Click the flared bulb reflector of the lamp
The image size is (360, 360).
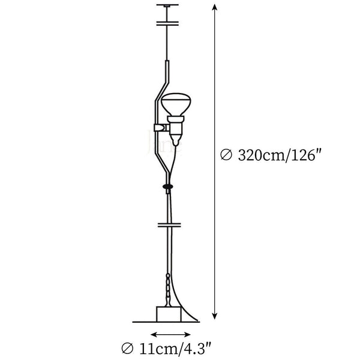pyautogui.click(x=176, y=104)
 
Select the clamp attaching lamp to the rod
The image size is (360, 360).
pyautogui.click(x=161, y=128)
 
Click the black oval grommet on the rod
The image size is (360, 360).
pyautogui.click(x=168, y=187)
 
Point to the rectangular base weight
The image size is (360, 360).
pyautogui.click(x=169, y=314)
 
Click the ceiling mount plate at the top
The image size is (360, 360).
pyautogui.click(x=167, y=5)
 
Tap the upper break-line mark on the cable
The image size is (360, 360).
pyautogui.click(x=167, y=23)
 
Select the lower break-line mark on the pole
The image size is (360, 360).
pyautogui.click(x=169, y=225)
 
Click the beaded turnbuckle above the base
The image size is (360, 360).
pyautogui.click(x=169, y=289)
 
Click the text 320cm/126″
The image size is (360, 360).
pyautogui.click(x=279, y=155)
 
